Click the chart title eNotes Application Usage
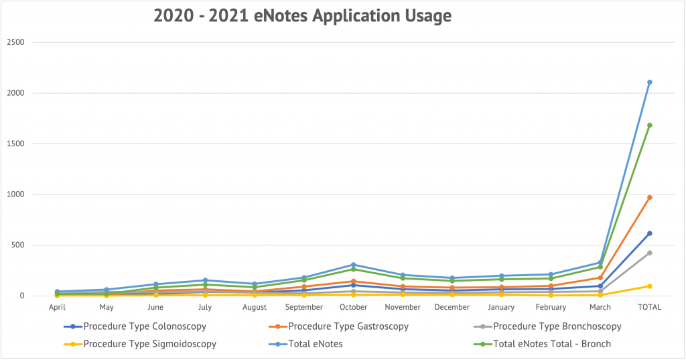[x=302, y=15]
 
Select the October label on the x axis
[x=354, y=307]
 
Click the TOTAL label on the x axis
[x=649, y=307]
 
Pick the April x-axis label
[x=57, y=307]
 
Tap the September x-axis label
[x=304, y=307]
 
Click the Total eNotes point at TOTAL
[x=650, y=82]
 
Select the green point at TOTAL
[x=650, y=125]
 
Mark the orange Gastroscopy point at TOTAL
[x=650, y=197]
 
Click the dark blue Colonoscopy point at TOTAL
[x=650, y=233]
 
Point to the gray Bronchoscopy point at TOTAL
[x=650, y=253]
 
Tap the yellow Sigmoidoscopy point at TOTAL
[x=650, y=286]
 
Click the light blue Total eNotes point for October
[x=354, y=265]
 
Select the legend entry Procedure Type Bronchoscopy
[x=547, y=326]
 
